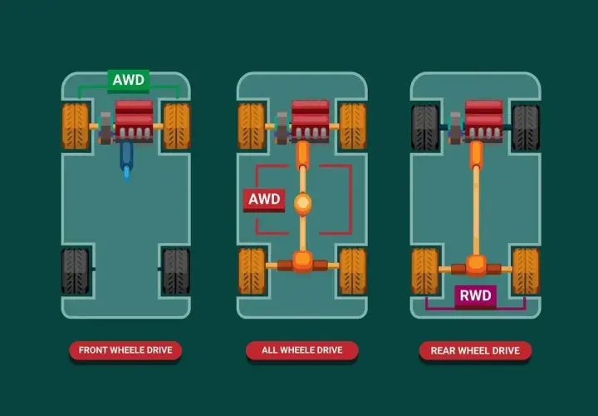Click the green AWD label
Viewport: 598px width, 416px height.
[x=129, y=80]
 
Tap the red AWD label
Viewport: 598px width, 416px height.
[x=264, y=200]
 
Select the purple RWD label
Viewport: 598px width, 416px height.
[x=475, y=296]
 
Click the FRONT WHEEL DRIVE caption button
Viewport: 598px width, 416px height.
[x=125, y=350]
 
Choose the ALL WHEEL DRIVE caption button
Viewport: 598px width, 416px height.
[x=302, y=350]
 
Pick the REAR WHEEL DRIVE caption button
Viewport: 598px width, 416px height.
[x=475, y=350]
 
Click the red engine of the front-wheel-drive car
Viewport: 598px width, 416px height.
[x=134, y=121]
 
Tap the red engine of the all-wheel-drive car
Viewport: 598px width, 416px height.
[x=310, y=121]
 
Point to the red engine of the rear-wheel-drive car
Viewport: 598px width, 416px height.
[x=483, y=121]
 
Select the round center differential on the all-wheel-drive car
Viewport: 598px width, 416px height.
[x=303, y=204]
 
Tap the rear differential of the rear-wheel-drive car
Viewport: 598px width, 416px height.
[x=476, y=265]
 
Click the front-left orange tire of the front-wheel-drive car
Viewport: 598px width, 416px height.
[x=76, y=126]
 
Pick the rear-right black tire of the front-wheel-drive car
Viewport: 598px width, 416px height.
[x=176, y=271]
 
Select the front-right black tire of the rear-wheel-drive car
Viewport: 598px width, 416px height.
[x=526, y=127]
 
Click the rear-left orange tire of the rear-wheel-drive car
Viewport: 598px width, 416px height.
[x=425, y=271]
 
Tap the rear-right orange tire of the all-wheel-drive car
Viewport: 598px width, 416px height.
[x=353, y=271]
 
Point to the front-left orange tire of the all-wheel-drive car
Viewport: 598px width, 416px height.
[x=252, y=126]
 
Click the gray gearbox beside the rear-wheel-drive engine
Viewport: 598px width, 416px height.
[x=455, y=128]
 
